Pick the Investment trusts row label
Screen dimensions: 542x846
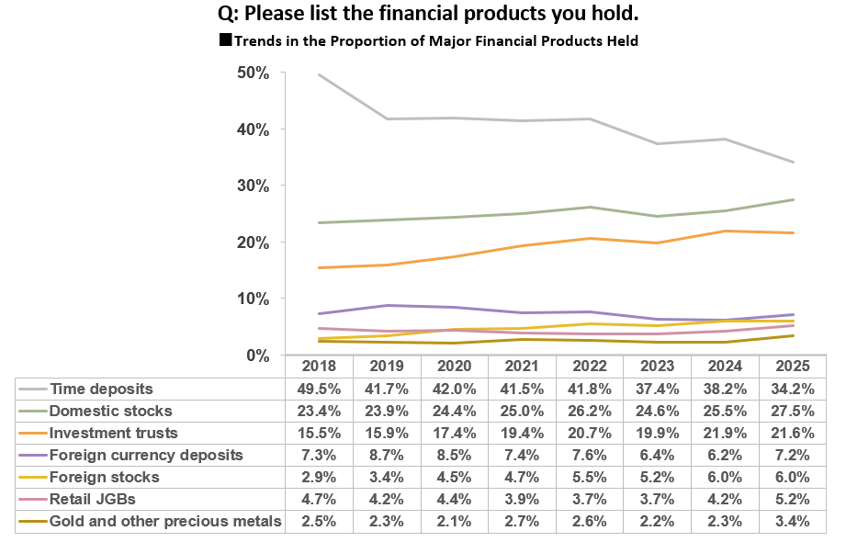click(113, 433)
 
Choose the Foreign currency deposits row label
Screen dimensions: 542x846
click(146, 455)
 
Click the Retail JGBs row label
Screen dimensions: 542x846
click(93, 500)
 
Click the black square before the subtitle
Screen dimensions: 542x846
click(226, 40)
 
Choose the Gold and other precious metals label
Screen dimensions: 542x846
click(165, 522)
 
